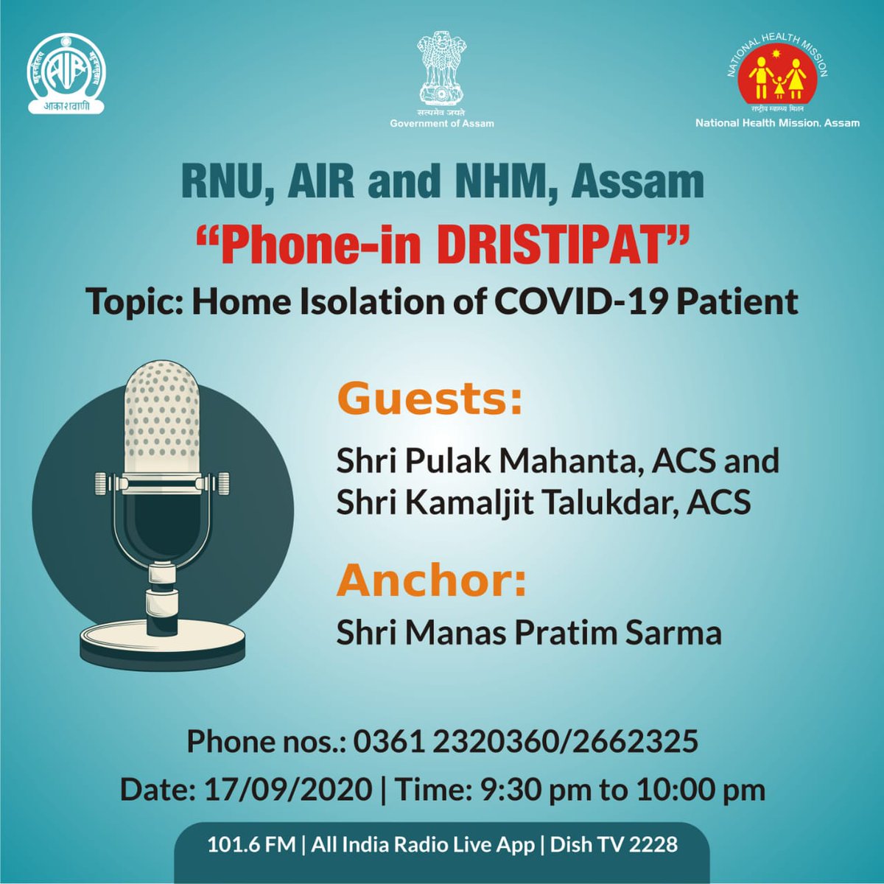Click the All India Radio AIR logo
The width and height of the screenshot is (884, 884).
(66, 75)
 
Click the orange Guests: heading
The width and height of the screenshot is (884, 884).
(429, 400)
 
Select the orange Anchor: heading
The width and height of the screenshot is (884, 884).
(432, 580)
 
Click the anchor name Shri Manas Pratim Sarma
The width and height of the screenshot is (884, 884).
(529, 633)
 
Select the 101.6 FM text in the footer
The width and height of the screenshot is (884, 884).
(251, 844)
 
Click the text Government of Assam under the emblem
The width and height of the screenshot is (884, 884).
(442, 124)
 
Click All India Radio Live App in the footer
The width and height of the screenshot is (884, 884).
(423, 844)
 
